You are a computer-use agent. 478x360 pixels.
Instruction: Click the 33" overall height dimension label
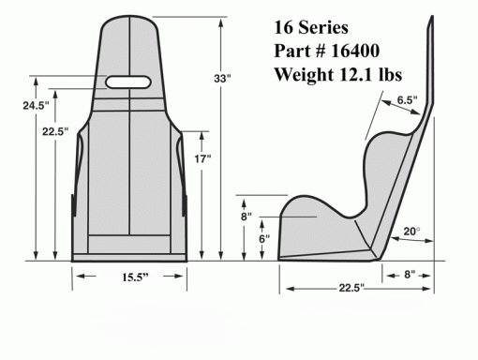coord(222,79)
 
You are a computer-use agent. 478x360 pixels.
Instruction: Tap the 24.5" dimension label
coord(36,106)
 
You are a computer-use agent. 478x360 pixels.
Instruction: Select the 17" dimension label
coord(202,158)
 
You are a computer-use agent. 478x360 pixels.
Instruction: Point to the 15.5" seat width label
coord(135,277)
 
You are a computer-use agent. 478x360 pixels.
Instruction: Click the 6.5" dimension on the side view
coord(407,100)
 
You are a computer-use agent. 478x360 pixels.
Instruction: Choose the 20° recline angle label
coord(411,232)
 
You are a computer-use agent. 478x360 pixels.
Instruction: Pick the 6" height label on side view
coord(264,239)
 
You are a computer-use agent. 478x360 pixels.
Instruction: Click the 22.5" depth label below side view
coord(351,288)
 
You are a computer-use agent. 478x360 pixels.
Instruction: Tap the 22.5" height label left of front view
coord(55,131)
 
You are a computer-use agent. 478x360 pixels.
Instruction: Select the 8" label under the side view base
coord(410,275)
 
